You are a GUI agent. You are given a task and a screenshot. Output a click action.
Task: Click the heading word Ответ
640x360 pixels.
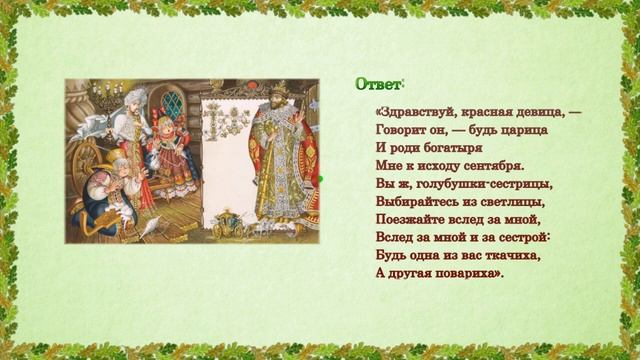coord(378,85)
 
